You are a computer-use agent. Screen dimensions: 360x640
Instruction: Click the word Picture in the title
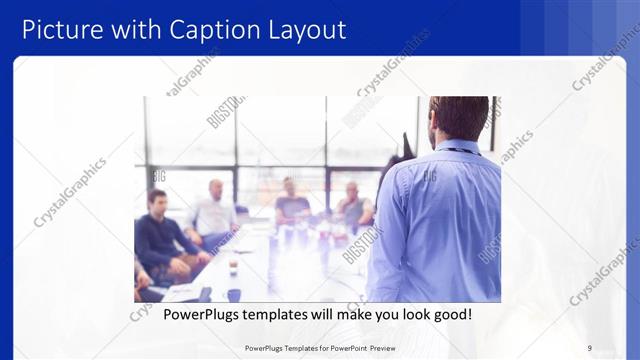pos(61,29)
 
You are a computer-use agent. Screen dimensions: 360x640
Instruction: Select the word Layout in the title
pos(304,29)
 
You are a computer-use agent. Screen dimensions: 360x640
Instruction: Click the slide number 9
pos(590,347)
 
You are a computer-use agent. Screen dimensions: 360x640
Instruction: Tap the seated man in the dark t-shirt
pos(291,205)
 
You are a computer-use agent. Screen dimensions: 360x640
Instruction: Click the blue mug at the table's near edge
pos(234,295)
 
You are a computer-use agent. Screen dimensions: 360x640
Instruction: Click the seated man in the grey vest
pos(353,207)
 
